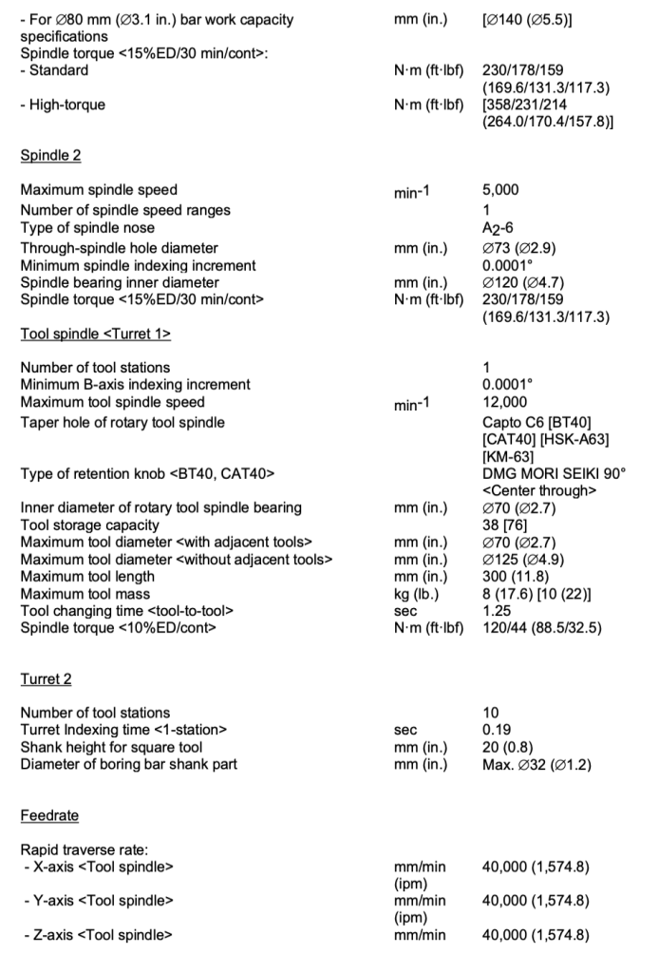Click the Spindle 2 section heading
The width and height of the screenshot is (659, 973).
click(x=50, y=155)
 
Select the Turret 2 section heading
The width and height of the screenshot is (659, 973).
click(x=46, y=678)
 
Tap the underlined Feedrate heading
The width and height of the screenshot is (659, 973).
click(x=49, y=815)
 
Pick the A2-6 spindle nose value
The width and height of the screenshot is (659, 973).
click(x=498, y=228)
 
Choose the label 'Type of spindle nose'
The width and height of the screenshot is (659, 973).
click(x=86, y=227)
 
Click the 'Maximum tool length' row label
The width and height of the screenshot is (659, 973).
click(x=86, y=576)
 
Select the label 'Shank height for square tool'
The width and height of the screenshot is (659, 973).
click(x=111, y=747)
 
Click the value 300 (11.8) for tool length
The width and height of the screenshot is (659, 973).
click(x=514, y=576)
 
